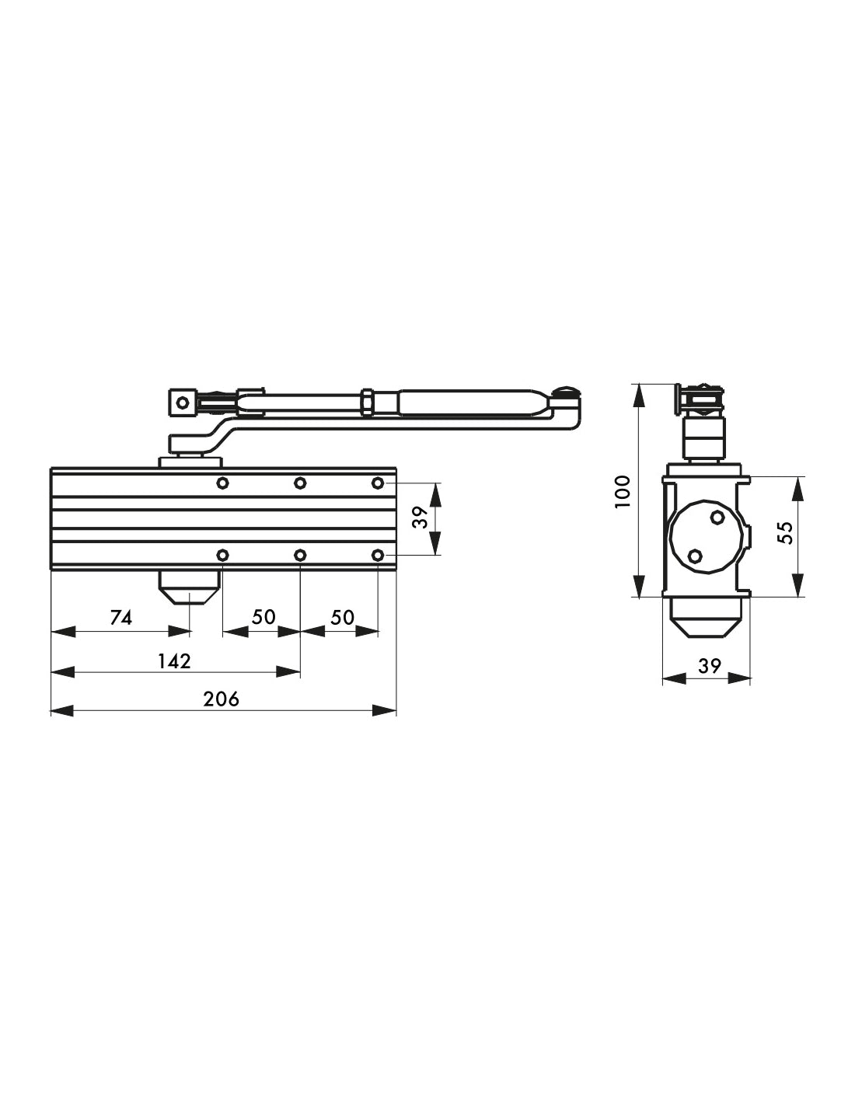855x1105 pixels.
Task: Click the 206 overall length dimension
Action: click(x=222, y=699)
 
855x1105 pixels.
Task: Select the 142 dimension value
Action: click(x=174, y=661)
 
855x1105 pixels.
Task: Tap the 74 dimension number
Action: click(x=121, y=618)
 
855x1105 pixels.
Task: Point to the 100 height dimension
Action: click(x=623, y=491)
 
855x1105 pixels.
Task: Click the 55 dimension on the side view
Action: click(x=785, y=532)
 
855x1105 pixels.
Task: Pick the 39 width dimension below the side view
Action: click(x=709, y=666)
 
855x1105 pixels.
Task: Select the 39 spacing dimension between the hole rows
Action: click(x=421, y=518)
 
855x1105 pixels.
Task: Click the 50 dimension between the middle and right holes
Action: click(x=342, y=618)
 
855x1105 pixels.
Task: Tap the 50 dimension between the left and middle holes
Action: click(x=263, y=618)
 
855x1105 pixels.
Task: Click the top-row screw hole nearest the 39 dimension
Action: click(x=378, y=483)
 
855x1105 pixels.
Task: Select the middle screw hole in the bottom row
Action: click(x=300, y=555)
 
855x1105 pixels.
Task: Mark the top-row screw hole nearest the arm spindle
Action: click(x=223, y=483)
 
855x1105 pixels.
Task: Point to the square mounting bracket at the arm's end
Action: click(x=182, y=403)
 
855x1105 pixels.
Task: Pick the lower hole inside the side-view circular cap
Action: click(x=696, y=556)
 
